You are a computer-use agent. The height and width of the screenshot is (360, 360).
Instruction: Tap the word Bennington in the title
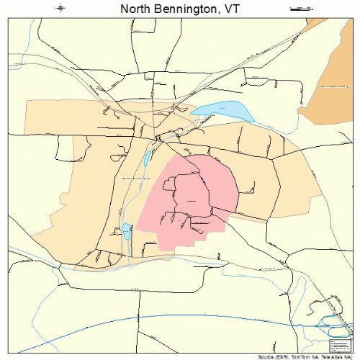pos(188,9)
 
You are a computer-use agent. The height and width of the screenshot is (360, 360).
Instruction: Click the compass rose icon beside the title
pos(62,9)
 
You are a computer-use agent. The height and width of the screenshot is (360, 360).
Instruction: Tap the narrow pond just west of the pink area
pos(148,158)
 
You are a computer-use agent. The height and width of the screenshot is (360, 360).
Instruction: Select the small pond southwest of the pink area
pos(127,232)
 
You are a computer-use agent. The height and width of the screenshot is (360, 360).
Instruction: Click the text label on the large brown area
pos(333,87)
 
